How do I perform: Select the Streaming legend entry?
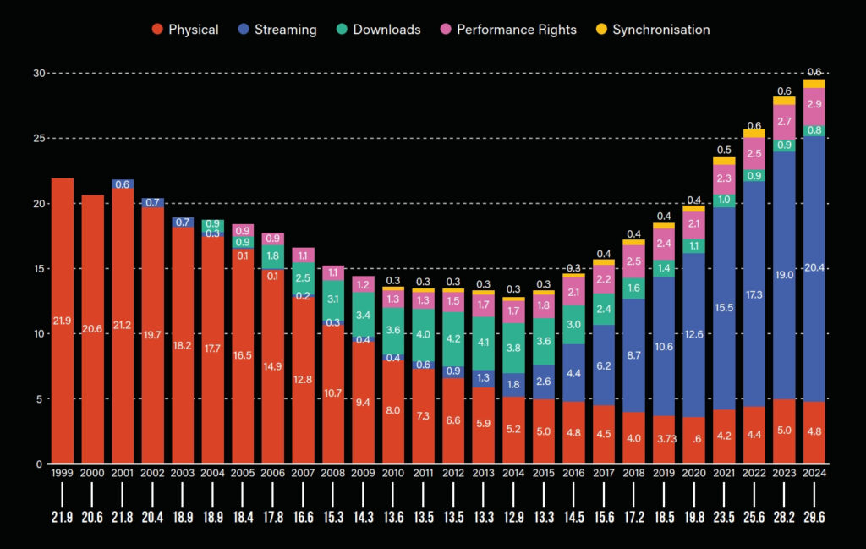(280, 30)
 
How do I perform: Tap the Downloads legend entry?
(378, 30)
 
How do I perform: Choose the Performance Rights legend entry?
(507, 30)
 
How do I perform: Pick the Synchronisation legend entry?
(653, 30)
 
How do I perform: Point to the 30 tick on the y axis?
(38, 73)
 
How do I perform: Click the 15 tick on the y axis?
(38, 268)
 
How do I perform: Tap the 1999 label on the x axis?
(63, 472)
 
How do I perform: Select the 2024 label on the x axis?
(814, 472)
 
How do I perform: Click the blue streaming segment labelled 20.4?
(814, 268)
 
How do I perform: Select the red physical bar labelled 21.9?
(63, 321)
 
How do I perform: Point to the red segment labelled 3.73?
(664, 440)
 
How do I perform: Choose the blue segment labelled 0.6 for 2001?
(123, 184)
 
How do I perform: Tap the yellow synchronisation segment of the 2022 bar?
(754, 133)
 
